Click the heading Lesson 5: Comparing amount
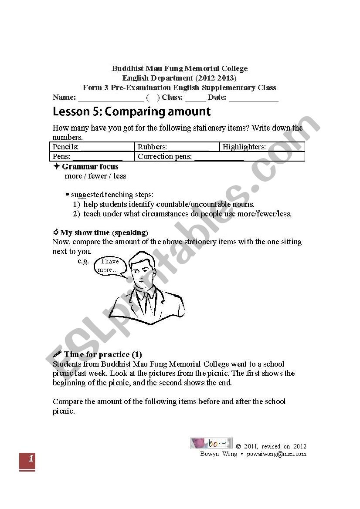pos(132,112)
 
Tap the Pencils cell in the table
pos(92,147)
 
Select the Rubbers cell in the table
pos(177,147)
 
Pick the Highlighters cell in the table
pos(262,147)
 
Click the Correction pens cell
pos(220,156)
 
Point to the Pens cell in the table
pos(92,156)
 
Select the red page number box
pos(27,461)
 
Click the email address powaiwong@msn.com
pos(276,454)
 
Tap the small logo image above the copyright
pos(211,443)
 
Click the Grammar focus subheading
pos(90,166)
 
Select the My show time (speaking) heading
pos(104,233)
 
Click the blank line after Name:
pos(111,98)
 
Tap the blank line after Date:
pos(253,98)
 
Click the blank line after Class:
pos(195,98)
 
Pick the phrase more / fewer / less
pos(95,176)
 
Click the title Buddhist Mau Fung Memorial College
pos(180,68)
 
